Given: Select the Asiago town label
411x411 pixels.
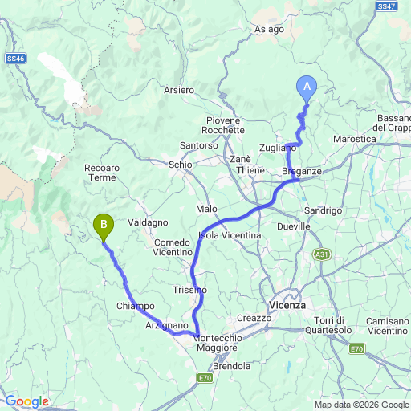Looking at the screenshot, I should (269, 29).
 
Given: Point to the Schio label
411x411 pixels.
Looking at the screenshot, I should (181, 164).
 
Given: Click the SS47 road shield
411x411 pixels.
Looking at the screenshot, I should (385, 6).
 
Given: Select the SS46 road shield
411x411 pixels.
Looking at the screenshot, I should (14, 59).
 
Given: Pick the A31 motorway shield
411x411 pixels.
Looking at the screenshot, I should (321, 254).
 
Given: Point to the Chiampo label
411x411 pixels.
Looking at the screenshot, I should (135, 306).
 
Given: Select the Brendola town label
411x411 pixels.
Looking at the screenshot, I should (233, 366).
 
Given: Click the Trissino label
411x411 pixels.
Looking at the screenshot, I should (189, 289).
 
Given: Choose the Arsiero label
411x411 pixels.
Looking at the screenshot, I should (178, 90).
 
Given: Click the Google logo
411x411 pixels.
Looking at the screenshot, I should (26, 401).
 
